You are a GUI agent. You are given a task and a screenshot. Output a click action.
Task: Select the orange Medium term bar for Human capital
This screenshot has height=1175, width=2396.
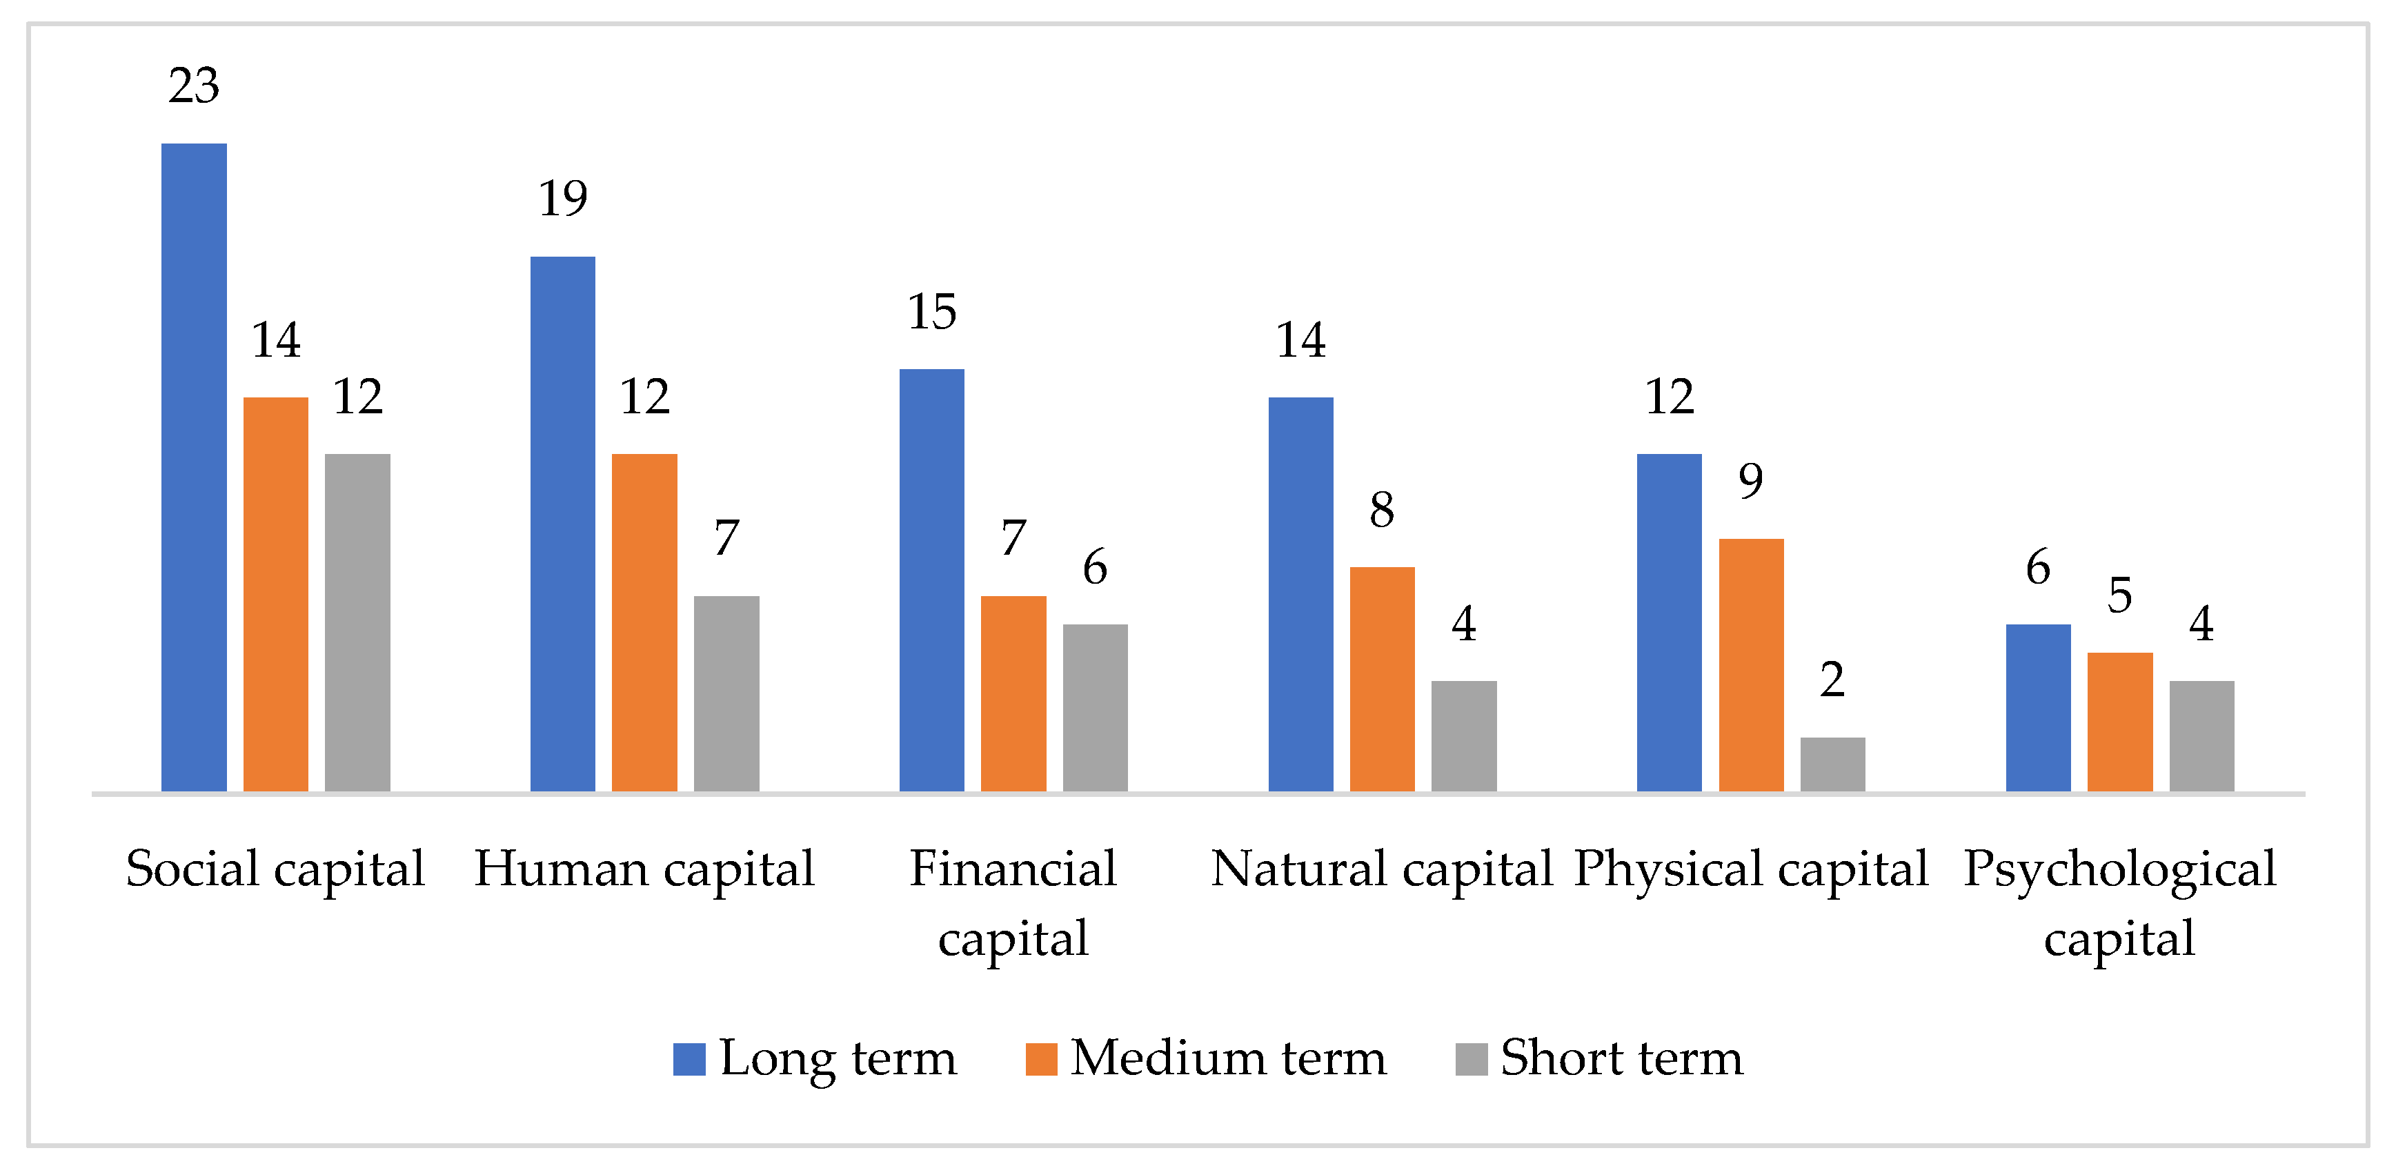[644, 622]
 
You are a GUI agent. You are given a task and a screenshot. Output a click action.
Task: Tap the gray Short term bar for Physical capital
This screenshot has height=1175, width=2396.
[1832, 764]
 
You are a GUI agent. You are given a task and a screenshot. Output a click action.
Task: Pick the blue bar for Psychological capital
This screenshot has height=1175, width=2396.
[2038, 707]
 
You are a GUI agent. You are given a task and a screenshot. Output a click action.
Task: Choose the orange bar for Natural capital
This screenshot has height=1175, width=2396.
[1382, 679]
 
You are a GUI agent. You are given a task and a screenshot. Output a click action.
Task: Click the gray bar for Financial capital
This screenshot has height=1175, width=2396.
[1095, 707]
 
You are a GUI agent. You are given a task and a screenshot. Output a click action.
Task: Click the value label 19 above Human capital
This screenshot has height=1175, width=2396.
[563, 198]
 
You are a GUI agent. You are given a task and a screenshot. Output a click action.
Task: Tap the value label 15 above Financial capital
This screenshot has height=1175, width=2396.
[931, 312]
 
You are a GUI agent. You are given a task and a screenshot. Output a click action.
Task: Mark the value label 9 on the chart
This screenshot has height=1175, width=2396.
[1750, 481]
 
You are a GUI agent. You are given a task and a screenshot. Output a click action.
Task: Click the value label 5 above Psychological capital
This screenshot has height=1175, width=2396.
[2120, 595]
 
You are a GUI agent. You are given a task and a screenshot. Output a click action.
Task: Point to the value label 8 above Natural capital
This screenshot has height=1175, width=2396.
[1382, 510]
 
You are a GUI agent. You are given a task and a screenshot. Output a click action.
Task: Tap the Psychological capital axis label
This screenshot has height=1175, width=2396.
[2120, 902]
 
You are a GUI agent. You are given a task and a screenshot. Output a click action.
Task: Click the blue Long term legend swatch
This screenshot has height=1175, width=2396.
[689, 1058]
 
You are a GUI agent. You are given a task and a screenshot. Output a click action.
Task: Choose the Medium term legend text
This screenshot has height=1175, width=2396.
[1228, 1058]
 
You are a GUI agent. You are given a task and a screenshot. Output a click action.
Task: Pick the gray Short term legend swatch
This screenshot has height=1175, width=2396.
[1472, 1058]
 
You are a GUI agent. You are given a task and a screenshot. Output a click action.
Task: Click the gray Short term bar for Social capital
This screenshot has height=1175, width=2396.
[357, 622]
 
